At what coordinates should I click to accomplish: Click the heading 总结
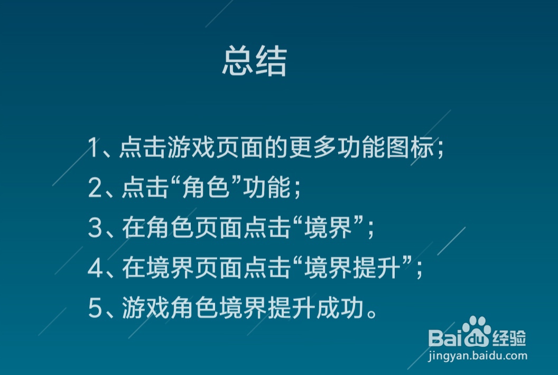click(254, 62)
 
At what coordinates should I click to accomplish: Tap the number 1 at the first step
click(94, 148)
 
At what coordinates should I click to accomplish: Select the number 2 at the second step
click(95, 188)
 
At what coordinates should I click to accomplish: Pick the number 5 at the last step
click(95, 308)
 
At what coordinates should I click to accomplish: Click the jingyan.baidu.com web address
click(478, 355)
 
